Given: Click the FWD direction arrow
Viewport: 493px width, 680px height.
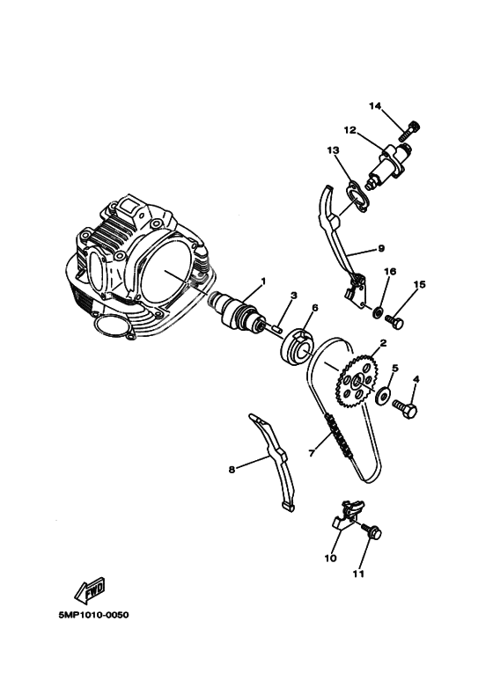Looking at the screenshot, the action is pyautogui.click(x=90, y=591).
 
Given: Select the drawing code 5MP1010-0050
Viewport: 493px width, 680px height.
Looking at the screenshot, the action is pyautogui.click(x=93, y=615).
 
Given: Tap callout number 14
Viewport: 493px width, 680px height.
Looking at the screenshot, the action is pyautogui.click(x=375, y=106).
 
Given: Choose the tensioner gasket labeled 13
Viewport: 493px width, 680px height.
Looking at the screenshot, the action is pyautogui.click(x=357, y=197).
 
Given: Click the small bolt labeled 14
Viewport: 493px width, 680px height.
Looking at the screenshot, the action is pyautogui.click(x=409, y=130).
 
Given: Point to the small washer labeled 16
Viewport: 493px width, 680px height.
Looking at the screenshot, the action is pyautogui.click(x=378, y=311).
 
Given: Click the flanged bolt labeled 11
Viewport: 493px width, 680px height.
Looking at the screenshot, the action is pyautogui.click(x=372, y=531).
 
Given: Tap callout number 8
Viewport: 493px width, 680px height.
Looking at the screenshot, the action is pyautogui.click(x=232, y=469).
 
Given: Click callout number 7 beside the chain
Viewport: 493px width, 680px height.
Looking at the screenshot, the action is pyautogui.click(x=311, y=453).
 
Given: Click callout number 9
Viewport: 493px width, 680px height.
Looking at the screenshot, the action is pyautogui.click(x=381, y=248).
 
